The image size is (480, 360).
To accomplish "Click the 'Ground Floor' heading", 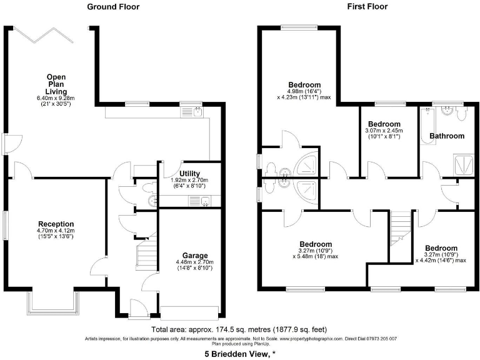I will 112,7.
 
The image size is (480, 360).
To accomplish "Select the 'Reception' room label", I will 56,224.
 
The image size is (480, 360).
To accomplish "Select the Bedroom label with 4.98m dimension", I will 304,85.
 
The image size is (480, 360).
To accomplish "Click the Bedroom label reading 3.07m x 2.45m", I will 384,124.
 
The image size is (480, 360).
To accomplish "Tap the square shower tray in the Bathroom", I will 464,164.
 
